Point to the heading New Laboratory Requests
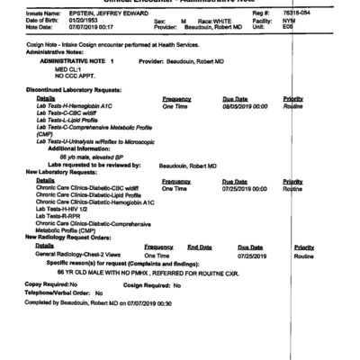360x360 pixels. [63, 171]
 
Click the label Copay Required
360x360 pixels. [45, 284]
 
